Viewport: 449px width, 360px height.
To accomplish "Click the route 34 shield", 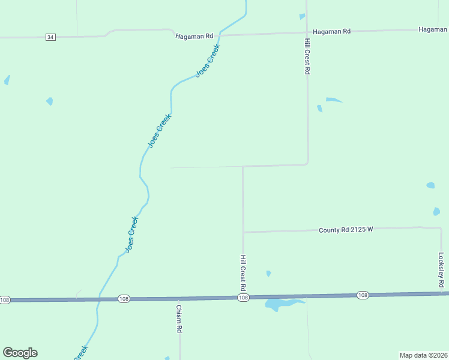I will pos(50,37).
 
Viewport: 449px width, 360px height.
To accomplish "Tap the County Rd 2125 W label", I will pos(346,230).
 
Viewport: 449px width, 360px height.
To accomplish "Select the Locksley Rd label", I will pos(441,269).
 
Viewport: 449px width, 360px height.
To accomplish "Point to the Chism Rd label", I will pos(179,319).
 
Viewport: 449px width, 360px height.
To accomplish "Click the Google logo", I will pos(20,353).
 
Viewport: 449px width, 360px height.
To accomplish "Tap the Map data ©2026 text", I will pos(423,355).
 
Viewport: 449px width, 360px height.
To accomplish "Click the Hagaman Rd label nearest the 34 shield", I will pos(194,36).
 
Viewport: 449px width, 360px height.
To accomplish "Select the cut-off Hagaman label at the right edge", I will pos(433,29).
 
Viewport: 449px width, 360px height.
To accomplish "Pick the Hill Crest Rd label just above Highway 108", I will pos(243,272).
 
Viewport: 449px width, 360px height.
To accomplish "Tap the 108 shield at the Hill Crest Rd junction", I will pos(243,298).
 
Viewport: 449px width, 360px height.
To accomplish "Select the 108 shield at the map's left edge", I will pos(5,299).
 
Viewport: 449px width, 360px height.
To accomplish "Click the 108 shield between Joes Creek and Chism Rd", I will pos(124,299).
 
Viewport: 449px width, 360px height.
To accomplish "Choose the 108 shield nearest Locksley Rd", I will pos(363,295).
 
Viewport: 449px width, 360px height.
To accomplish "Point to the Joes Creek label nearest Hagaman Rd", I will pos(208,61).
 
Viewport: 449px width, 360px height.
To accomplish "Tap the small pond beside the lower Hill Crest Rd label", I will pos(268,274).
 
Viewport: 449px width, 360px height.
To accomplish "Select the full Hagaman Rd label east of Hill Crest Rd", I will pos(331,31).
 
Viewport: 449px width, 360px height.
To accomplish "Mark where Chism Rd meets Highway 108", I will pos(179,298).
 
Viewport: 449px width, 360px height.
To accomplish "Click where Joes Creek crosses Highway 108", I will pos(98,299).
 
